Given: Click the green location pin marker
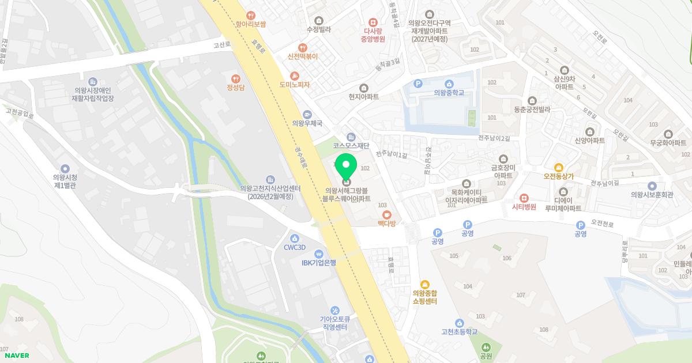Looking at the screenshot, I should (x=346, y=168).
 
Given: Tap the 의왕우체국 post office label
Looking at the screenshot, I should (x=307, y=123).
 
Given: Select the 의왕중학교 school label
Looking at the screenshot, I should (x=449, y=92).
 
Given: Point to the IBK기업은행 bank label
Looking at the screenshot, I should (x=318, y=263).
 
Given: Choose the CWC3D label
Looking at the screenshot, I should (x=294, y=247).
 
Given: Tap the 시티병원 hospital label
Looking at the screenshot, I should (x=524, y=206).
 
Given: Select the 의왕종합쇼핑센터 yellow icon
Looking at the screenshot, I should (x=425, y=284).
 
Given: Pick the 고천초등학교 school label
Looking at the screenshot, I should (x=459, y=331).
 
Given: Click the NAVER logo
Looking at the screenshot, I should (x=16, y=356).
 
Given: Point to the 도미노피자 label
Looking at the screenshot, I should (x=294, y=84).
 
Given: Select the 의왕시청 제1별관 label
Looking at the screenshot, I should (x=65, y=181).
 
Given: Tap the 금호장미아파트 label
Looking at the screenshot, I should (x=503, y=171).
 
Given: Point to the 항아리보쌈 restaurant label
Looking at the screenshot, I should (x=251, y=24).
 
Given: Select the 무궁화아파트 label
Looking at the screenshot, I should (x=668, y=142).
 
